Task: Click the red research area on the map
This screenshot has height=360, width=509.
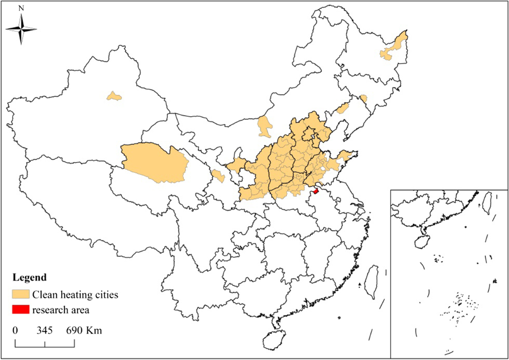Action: (315, 192)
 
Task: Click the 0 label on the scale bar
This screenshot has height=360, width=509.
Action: (15, 330)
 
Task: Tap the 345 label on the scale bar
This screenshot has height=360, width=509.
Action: (45, 330)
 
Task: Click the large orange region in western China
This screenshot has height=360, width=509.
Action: (155, 163)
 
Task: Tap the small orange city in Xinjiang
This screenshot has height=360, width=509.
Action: (114, 96)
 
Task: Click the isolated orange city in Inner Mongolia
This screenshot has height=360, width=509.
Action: (264, 127)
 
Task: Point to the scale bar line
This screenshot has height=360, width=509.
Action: (45, 344)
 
